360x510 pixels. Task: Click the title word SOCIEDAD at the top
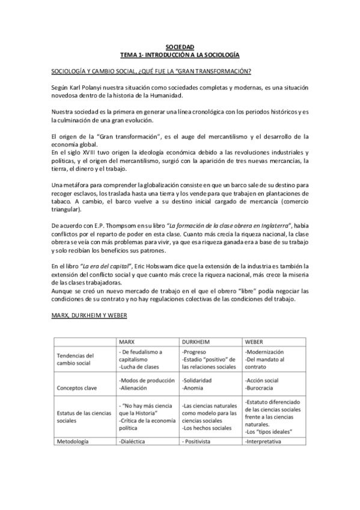(x=180, y=47)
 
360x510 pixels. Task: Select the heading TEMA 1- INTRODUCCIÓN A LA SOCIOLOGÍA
(x=180, y=55)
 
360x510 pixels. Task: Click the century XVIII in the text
(x=82, y=154)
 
